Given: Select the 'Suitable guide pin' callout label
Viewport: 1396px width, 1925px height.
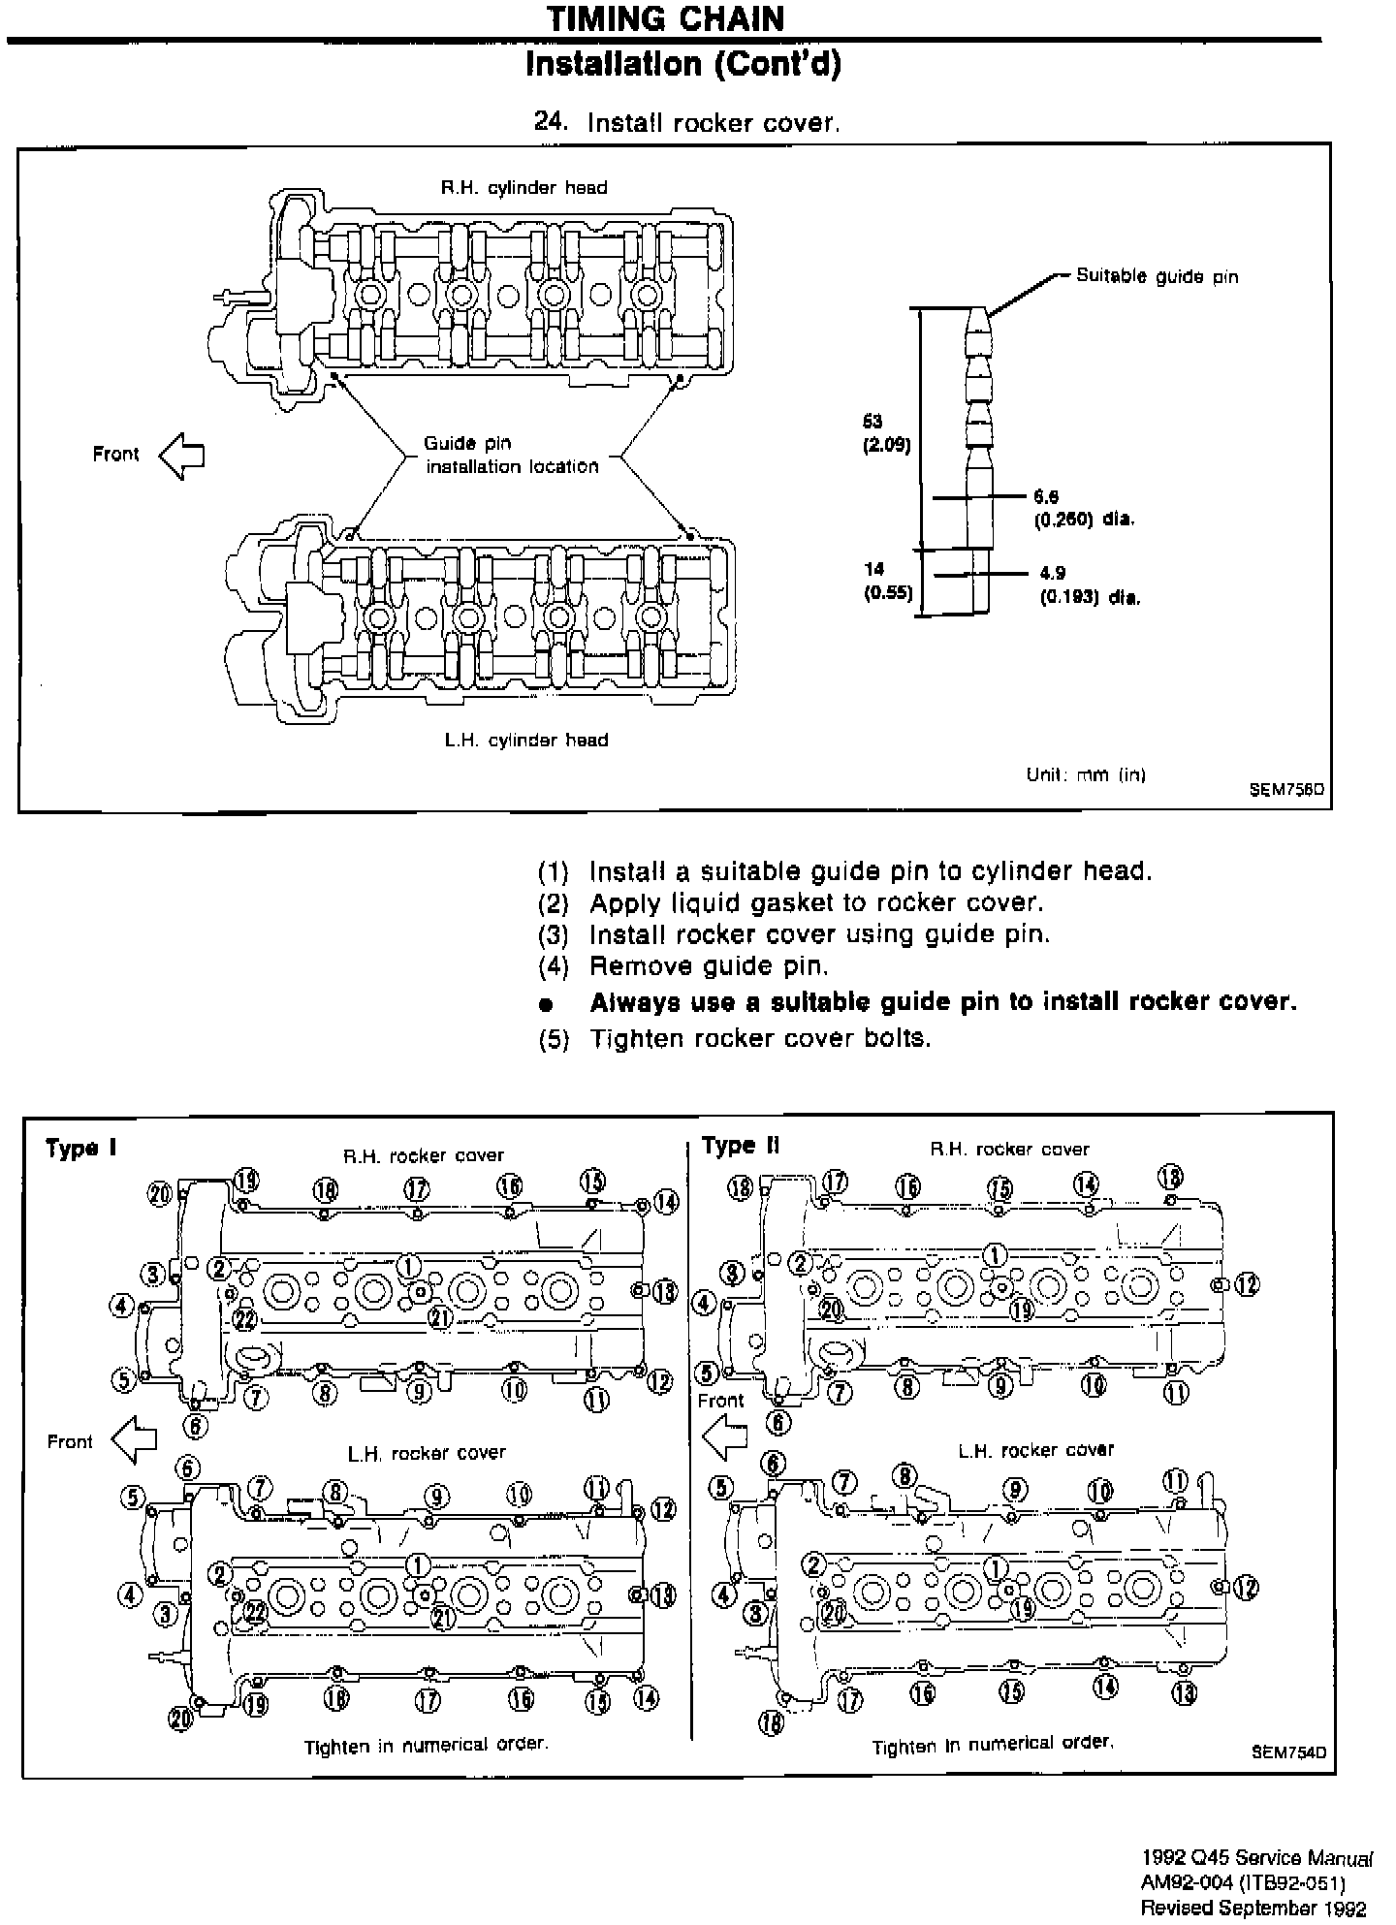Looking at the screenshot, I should (1157, 276).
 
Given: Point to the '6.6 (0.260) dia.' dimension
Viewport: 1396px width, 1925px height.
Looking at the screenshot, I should (1082, 508).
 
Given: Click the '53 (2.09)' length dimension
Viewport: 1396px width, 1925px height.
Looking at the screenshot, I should (885, 433).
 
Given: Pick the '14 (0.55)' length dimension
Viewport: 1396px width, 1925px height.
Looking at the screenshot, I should (888, 581).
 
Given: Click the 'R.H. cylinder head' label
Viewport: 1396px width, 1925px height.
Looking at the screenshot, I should (523, 188).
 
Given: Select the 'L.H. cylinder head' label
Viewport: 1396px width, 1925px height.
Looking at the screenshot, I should (526, 741).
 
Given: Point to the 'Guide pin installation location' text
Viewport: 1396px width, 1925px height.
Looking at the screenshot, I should (512, 455).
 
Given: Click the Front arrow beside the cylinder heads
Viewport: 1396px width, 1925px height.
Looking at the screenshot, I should (181, 455).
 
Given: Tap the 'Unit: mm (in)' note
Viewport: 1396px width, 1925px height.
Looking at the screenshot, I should (1086, 774).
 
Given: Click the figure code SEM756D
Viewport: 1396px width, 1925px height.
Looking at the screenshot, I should (1286, 790).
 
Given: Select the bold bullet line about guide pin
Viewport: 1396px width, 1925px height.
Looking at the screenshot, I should (942, 1001).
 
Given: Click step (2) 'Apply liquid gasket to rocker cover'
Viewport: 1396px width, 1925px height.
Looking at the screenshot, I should (815, 902).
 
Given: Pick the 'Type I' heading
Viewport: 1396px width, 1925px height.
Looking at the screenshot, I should (81, 1149).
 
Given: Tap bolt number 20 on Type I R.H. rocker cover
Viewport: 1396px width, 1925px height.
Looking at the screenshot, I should (160, 1192).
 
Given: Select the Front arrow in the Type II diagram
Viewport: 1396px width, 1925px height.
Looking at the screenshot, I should (724, 1436).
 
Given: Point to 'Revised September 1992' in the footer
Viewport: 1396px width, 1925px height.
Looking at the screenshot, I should (1253, 1908).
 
